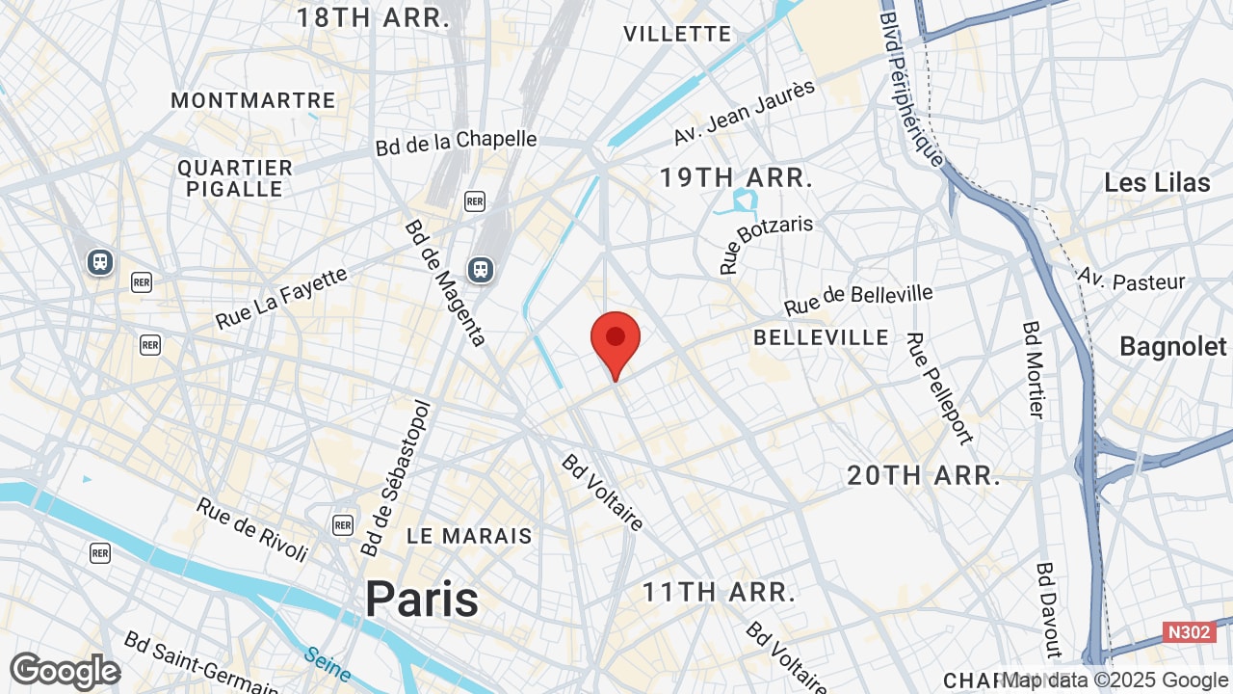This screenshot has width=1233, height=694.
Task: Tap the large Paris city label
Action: click(421, 600)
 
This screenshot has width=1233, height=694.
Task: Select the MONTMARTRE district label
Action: click(253, 100)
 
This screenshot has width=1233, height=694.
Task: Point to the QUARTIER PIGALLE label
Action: click(235, 178)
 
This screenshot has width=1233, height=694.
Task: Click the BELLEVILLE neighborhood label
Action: click(822, 337)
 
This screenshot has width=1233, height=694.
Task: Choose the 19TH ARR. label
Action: click(736, 177)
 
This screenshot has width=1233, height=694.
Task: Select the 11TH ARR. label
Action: click(720, 592)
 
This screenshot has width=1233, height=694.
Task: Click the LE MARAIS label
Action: click(469, 536)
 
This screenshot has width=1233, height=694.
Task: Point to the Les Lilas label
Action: click(1157, 182)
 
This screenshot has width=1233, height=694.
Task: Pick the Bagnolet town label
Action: click(1173, 347)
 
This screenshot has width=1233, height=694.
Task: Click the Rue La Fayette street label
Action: click(280, 299)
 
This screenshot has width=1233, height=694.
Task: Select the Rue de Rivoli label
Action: click(252, 529)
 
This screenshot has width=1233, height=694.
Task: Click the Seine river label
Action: click(328, 663)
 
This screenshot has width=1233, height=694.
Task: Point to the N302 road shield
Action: click(1189, 632)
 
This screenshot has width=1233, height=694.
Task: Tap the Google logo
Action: click(65, 671)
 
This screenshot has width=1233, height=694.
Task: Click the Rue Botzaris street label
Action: click(766, 244)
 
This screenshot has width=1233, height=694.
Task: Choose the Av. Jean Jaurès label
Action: click(744, 113)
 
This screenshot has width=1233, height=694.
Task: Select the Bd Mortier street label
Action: click(1033, 369)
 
